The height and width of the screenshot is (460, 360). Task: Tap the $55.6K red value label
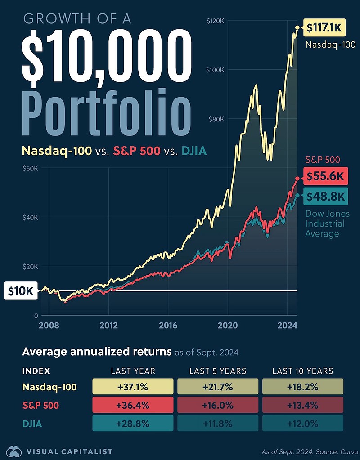pos(324,177)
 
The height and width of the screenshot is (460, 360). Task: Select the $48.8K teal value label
pos(324,197)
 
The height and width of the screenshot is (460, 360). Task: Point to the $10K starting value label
pos(21,291)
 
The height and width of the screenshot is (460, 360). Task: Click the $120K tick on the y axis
pos(215,21)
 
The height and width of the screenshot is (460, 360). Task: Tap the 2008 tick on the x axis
pos(49,326)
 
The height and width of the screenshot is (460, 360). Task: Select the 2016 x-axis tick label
pos(168,326)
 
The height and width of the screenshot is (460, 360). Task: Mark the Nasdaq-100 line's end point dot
pos(297,28)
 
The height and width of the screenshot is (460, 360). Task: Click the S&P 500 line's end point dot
pos(297,179)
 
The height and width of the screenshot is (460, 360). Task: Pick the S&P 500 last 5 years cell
pos(218,405)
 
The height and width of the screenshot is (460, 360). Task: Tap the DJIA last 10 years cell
pos(303,423)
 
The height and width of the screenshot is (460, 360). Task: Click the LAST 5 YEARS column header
pos(218,371)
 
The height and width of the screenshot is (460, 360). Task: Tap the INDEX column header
pos(36,371)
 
